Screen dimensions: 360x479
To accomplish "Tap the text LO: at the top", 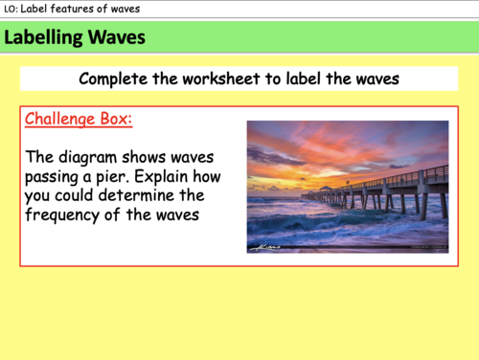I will coord(12,9).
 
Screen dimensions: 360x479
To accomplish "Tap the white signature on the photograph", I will coord(264,247).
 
